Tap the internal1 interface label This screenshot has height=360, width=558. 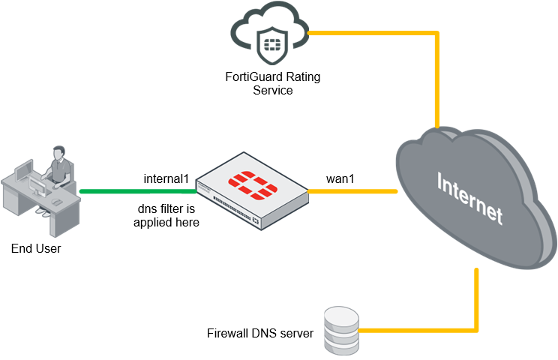[x=166, y=180]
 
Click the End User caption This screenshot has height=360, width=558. [x=36, y=249]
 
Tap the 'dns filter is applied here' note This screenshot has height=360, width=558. [x=166, y=215]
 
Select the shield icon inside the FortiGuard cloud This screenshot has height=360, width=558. [x=271, y=46]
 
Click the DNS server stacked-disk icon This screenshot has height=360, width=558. [x=341, y=331]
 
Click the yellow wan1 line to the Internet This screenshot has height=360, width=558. [x=352, y=191]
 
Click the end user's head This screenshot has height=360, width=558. [x=58, y=154]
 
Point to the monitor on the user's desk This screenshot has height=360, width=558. [x=25, y=170]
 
